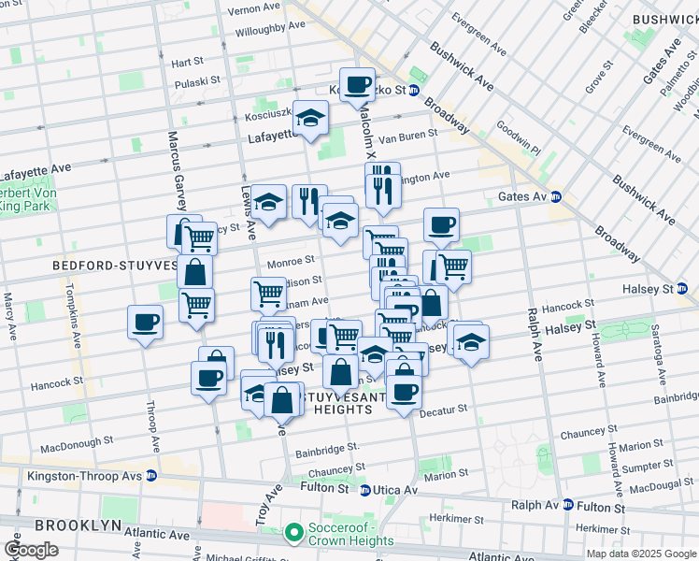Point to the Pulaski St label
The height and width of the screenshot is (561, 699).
click(196, 81)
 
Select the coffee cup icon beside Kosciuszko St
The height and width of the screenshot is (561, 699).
click(357, 85)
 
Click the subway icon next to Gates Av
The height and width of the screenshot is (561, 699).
click(555, 196)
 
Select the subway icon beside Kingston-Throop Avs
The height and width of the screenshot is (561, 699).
click(150, 476)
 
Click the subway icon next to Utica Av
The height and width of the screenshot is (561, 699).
click(365, 490)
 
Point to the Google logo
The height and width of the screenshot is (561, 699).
click(32, 549)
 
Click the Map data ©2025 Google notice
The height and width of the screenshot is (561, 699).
click(640, 554)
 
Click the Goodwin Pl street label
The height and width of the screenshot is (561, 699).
click(519, 136)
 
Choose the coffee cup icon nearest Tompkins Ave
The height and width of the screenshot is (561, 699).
click(145, 324)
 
